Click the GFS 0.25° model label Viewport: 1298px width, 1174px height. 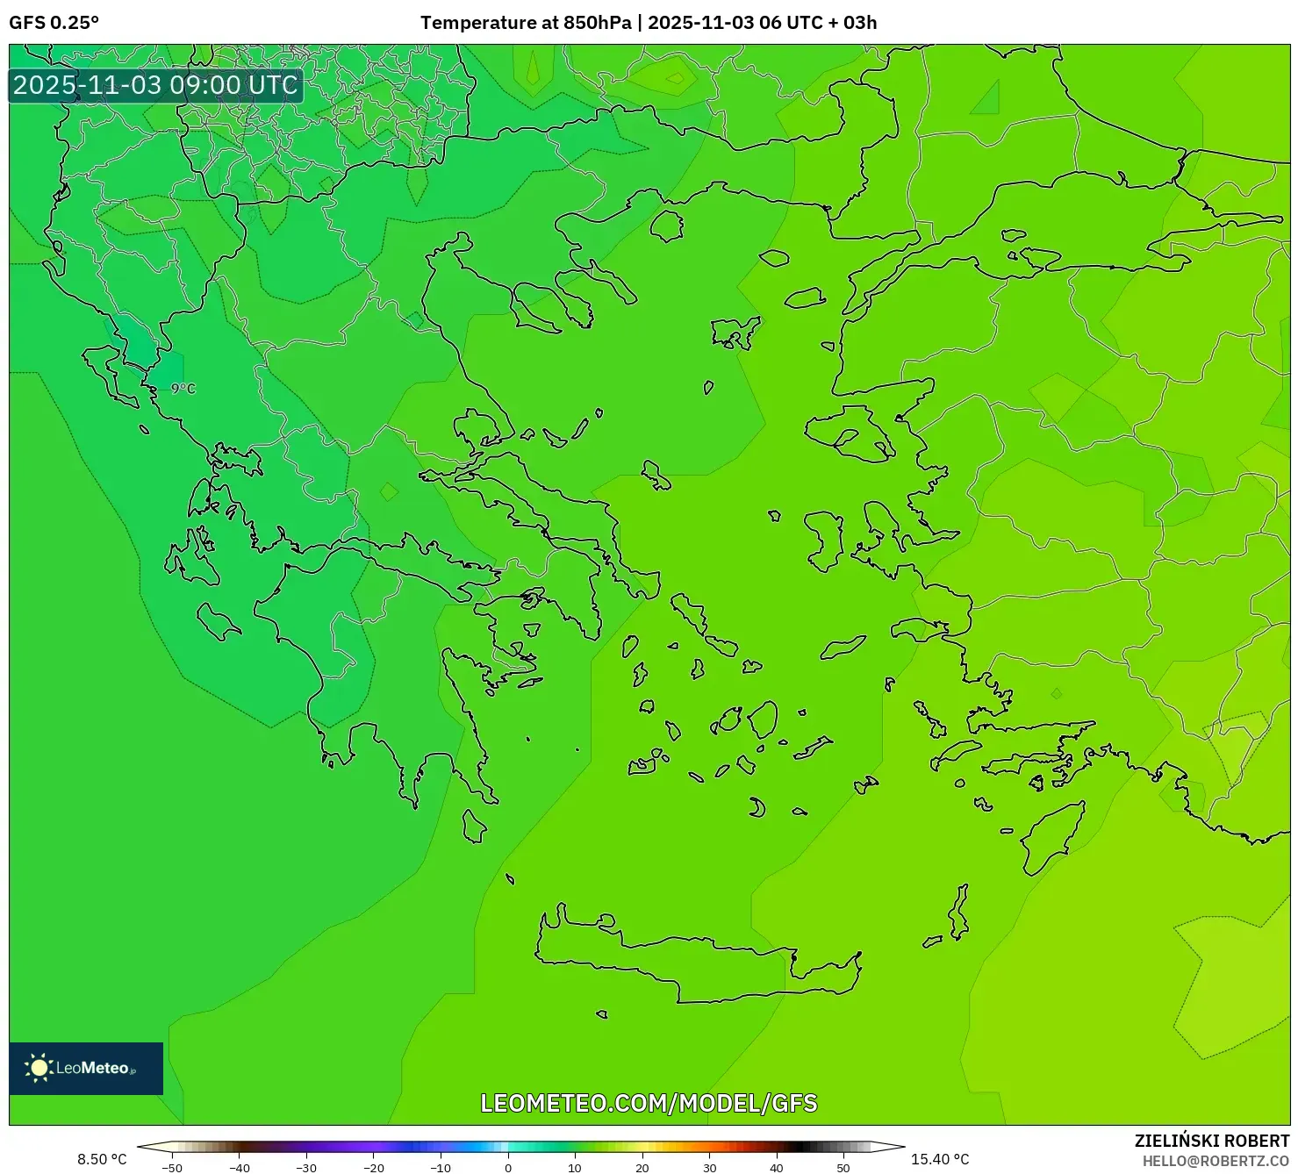point(54,23)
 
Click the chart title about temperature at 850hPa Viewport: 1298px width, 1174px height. point(648,23)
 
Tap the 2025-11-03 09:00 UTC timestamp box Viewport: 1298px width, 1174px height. point(155,85)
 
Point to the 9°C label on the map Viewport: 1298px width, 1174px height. point(183,389)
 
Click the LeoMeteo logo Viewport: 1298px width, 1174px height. point(86,1068)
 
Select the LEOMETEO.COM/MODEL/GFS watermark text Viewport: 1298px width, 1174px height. point(649,1103)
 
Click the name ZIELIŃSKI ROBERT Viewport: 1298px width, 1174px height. point(1211,1141)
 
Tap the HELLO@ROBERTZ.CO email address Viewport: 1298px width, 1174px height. point(1216,1161)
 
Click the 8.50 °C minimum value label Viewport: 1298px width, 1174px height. point(102,1159)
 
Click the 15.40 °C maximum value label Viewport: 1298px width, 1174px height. point(940,1159)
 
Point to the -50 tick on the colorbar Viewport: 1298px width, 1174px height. point(172,1168)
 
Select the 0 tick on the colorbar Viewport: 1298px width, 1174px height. point(508,1168)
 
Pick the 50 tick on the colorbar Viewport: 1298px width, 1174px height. point(843,1168)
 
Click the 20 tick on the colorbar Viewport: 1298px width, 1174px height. point(642,1168)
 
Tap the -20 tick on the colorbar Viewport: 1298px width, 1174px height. point(374,1168)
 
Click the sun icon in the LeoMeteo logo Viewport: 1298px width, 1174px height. point(39,1068)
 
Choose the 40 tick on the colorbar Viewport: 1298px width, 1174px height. point(777,1168)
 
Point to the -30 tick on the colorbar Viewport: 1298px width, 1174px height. point(306,1168)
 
